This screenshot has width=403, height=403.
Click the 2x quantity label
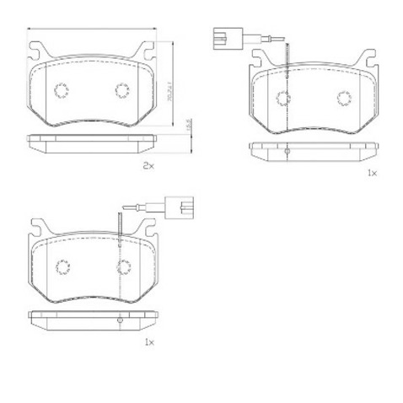pyautogui.click(x=148, y=167)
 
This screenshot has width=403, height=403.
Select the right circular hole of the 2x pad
pyautogui.click(x=122, y=91)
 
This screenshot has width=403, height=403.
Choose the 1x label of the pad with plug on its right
pyautogui.click(x=148, y=341)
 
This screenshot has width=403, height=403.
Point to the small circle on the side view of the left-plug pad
pyautogui.click(x=287, y=152)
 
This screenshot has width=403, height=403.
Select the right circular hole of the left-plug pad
pyautogui.click(x=345, y=98)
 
